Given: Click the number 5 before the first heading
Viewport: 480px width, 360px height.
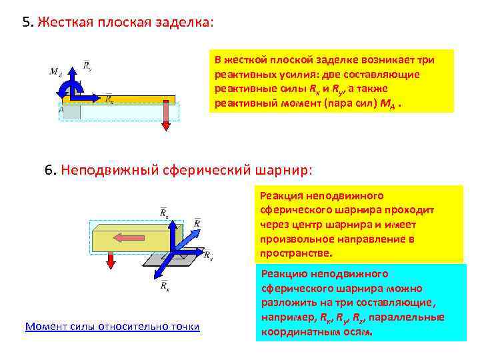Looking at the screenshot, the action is pyautogui.click(x=26, y=22).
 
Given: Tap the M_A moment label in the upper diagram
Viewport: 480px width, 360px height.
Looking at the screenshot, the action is pyautogui.click(x=56, y=72).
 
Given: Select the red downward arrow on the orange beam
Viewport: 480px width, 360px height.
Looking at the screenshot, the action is pyautogui.click(x=167, y=113).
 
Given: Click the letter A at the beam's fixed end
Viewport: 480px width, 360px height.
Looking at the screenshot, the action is pyautogui.click(x=62, y=109).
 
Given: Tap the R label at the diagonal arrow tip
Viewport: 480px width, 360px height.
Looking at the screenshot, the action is pyautogui.click(x=198, y=222).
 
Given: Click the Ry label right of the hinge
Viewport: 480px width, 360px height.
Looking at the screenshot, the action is pyautogui.click(x=209, y=255).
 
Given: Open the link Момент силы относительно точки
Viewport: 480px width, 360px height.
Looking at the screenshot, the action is pyautogui.click(x=112, y=327).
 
